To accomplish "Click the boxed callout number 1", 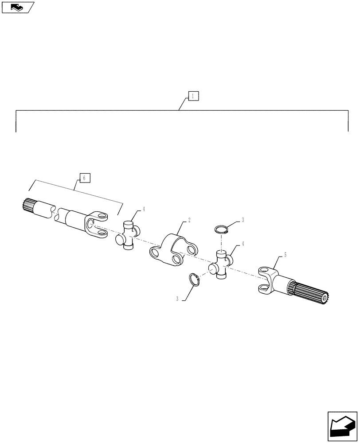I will point(193,96).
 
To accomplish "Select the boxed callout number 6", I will point(85,178).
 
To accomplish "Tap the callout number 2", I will point(189,219).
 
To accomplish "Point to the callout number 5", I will point(286,255).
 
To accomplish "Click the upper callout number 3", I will point(243,220).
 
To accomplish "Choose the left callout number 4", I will point(144,210).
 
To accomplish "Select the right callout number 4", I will point(242,243).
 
